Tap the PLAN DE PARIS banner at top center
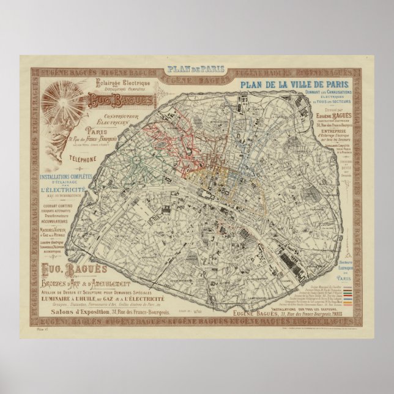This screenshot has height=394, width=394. [198, 69]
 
